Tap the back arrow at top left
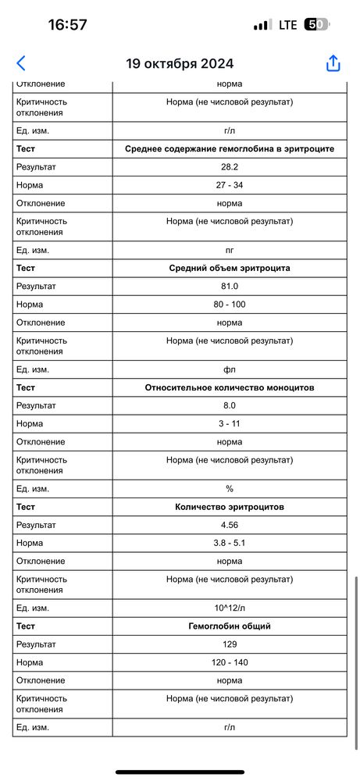click(x=21, y=63)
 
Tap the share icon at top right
click(x=333, y=63)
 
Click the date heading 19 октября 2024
click(x=180, y=64)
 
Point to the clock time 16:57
click(x=68, y=25)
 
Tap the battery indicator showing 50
click(x=315, y=25)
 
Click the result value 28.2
click(x=230, y=167)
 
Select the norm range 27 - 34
click(x=230, y=185)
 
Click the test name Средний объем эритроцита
click(x=230, y=268)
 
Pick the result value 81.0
click(x=230, y=286)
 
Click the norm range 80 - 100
click(x=230, y=304)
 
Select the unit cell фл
click(x=230, y=369)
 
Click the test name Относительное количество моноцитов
click(x=230, y=387)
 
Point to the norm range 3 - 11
click(x=230, y=423)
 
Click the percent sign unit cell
click(x=230, y=489)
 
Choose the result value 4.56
click(x=230, y=525)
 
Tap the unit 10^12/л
click(x=230, y=608)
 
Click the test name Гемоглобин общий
click(x=230, y=626)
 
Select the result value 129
click(x=230, y=644)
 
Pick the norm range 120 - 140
click(x=230, y=662)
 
